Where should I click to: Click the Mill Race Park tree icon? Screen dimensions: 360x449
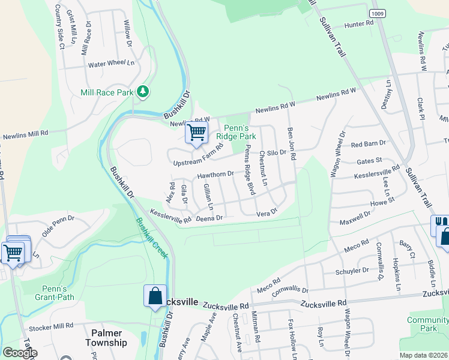[143, 92]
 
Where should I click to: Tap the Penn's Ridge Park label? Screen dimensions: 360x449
[240, 132]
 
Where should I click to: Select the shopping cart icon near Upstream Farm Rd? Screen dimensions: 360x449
[196, 133]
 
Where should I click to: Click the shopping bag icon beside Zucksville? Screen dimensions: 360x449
[155, 296]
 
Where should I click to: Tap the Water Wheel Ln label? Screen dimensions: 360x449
[112, 63]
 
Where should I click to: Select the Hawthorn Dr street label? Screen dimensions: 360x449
[215, 175]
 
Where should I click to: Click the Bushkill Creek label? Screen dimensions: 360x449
[151, 238]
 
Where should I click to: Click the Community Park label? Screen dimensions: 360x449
[427, 324]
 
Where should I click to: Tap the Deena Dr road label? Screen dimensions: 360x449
[209, 218]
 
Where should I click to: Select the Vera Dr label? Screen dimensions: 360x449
[266, 213]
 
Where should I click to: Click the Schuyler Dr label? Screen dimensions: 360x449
[353, 271]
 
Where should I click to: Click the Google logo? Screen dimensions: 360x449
[20, 352]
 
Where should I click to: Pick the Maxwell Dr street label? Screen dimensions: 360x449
[354, 217]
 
